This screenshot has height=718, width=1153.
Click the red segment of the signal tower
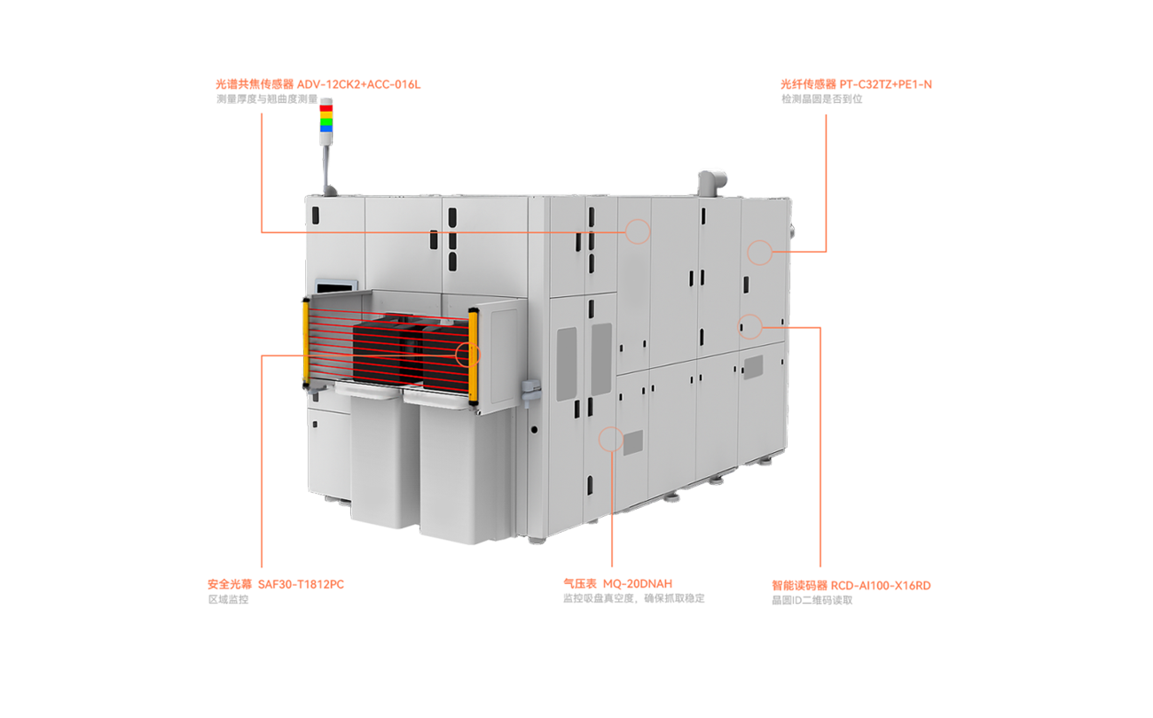(x=326, y=107)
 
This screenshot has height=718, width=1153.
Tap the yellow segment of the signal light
(x=326, y=114)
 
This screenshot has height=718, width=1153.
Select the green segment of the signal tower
(x=326, y=121)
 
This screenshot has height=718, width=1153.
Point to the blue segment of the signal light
(x=326, y=129)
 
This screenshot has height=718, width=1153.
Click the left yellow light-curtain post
(x=306, y=342)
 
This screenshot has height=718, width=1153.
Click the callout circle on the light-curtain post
(x=467, y=355)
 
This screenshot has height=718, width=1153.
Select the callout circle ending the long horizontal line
(x=637, y=231)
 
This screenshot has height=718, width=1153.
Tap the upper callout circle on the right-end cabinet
(x=759, y=252)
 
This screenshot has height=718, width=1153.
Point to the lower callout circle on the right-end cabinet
(x=749, y=326)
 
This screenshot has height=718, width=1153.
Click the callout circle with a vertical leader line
(x=611, y=439)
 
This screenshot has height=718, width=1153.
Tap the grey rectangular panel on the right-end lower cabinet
(x=752, y=365)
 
